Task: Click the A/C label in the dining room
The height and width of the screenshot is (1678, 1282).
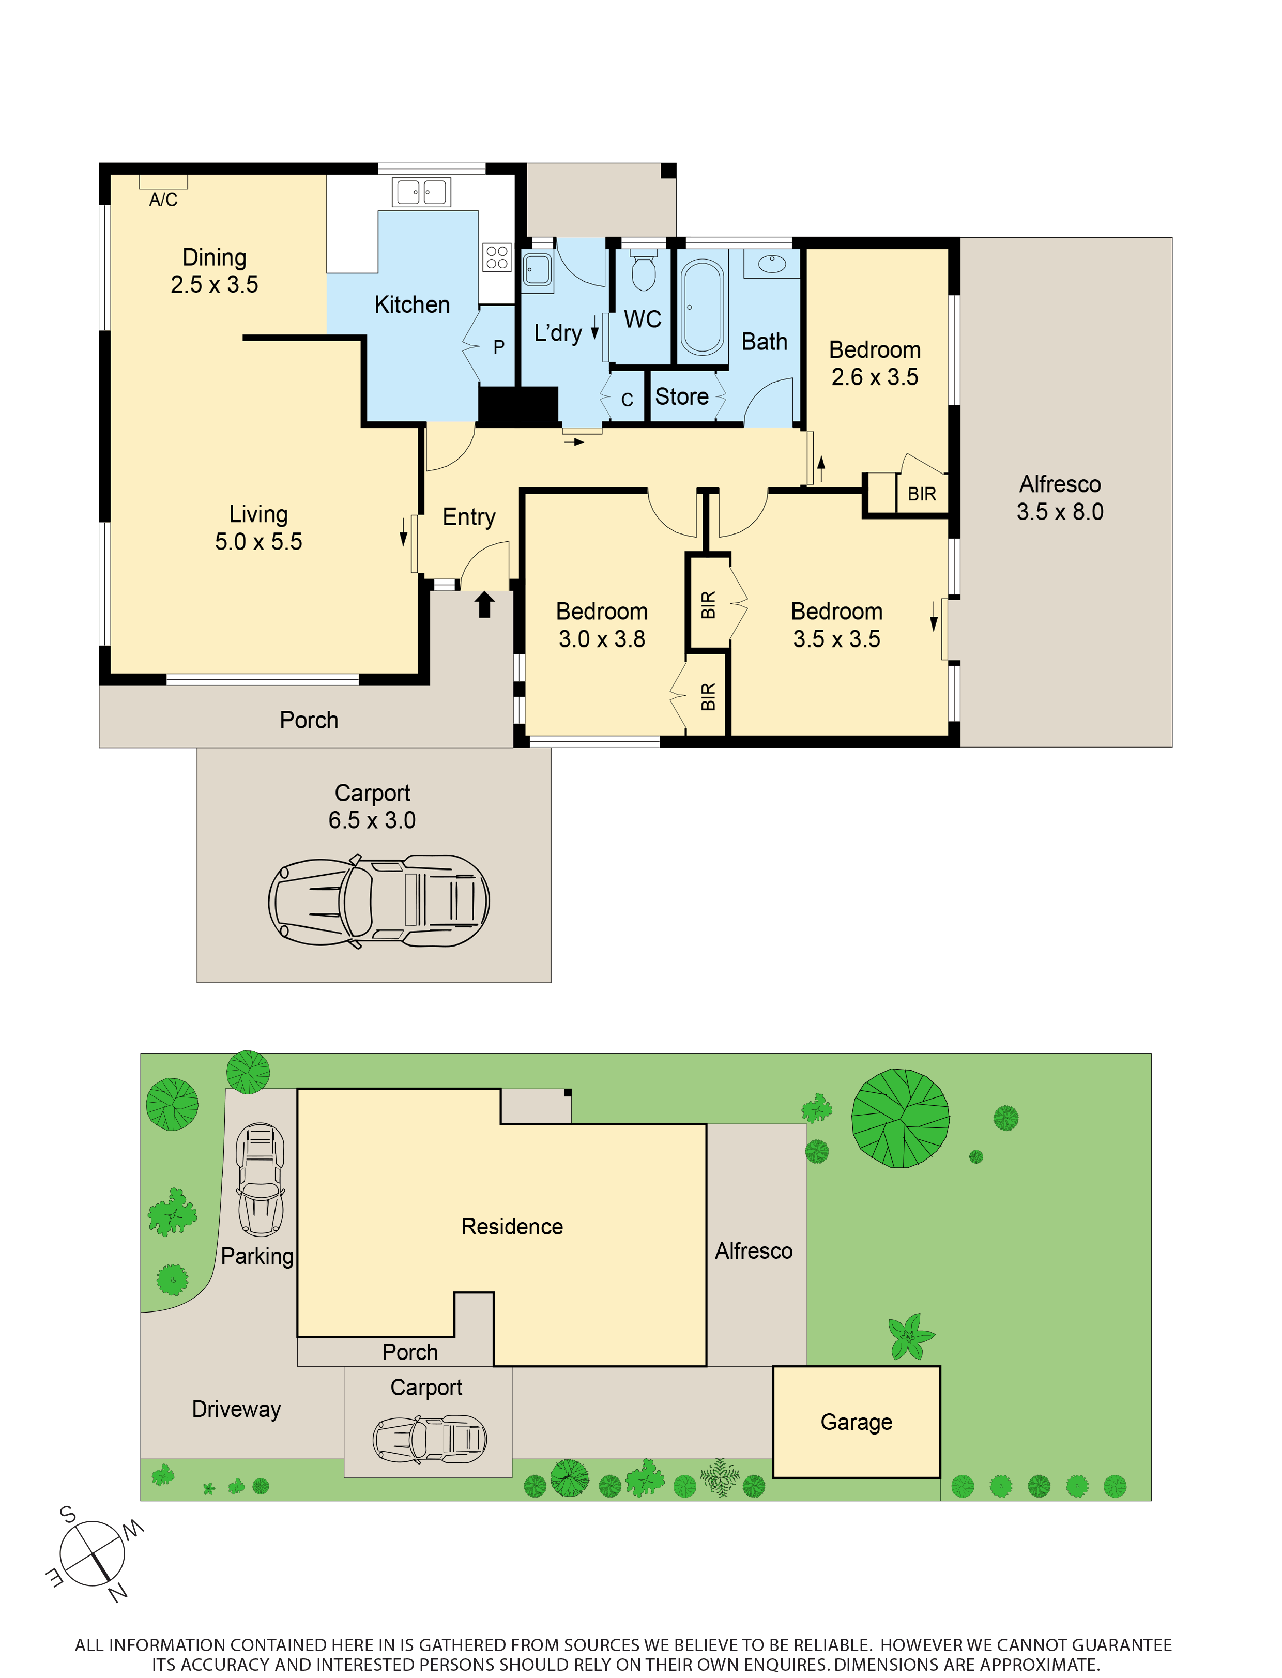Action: (162, 200)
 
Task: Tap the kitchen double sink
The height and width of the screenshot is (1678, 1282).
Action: (421, 192)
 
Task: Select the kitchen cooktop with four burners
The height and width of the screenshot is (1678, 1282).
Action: (497, 257)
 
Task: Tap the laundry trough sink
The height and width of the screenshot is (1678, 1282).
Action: (537, 269)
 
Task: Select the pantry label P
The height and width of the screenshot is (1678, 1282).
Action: (498, 347)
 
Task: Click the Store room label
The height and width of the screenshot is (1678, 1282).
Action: (681, 397)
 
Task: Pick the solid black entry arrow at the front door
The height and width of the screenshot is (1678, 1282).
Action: (484, 605)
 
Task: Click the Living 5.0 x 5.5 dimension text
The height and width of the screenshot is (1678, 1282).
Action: (258, 542)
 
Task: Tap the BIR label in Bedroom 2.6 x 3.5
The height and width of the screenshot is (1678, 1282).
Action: (921, 495)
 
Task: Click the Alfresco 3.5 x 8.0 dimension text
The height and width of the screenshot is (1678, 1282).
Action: (1059, 511)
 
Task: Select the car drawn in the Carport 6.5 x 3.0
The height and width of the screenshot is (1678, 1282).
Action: (378, 901)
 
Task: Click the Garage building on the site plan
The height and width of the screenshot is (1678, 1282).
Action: (856, 1422)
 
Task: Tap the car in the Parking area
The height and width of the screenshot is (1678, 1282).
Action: (260, 1179)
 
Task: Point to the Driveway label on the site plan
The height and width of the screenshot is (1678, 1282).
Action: (237, 1409)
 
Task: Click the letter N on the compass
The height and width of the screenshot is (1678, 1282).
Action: (117, 1593)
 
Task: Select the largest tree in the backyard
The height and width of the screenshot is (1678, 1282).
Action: (901, 1118)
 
